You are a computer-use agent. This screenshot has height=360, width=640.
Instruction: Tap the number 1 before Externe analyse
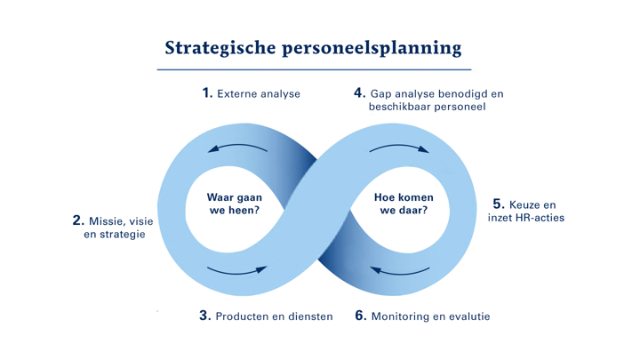pos(207,92)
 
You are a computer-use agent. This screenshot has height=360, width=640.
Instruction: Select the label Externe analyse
pos(259,93)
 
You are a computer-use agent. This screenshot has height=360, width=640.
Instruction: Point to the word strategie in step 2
pos(121,235)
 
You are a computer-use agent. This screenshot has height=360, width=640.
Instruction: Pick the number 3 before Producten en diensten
pos(204,316)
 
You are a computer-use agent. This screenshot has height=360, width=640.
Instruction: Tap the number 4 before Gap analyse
pos(359,92)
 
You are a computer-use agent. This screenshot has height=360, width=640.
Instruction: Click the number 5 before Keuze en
pos(498,204)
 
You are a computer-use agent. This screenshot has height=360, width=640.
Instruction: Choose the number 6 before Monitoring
pos(360,316)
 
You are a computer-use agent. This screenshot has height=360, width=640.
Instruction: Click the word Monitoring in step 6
pos(402,316)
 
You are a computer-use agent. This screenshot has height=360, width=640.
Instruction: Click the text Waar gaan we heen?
pos(233,204)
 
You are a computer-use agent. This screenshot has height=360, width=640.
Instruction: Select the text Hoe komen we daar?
pos(400,204)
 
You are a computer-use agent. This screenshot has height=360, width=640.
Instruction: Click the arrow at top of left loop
pos(236,148)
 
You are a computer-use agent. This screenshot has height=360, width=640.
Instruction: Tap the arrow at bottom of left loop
pos(236,268)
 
